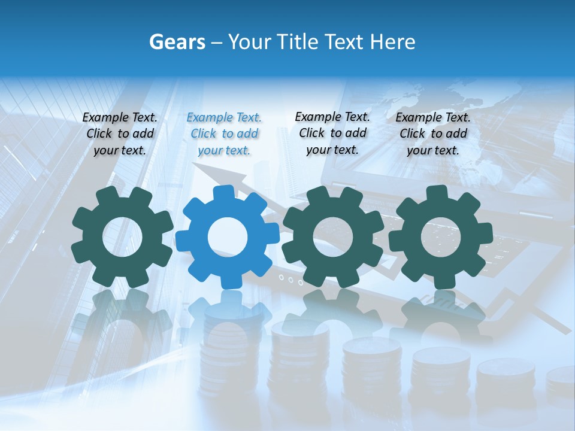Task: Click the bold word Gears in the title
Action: [177, 42]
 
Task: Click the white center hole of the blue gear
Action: [228, 237]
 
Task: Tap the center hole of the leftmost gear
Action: [122, 237]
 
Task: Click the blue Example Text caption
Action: [224, 134]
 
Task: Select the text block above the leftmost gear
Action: [120, 134]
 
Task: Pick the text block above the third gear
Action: [332, 133]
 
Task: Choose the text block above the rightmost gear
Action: [433, 134]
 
